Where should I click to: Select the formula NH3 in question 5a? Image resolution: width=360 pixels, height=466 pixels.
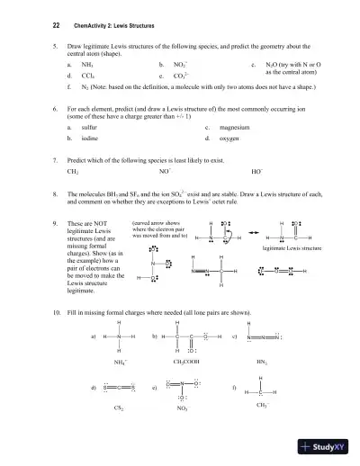click(x=87, y=66)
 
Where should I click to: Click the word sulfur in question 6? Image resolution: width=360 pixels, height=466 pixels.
click(x=89, y=128)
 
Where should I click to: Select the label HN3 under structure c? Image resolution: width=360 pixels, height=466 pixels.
click(x=262, y=361)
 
